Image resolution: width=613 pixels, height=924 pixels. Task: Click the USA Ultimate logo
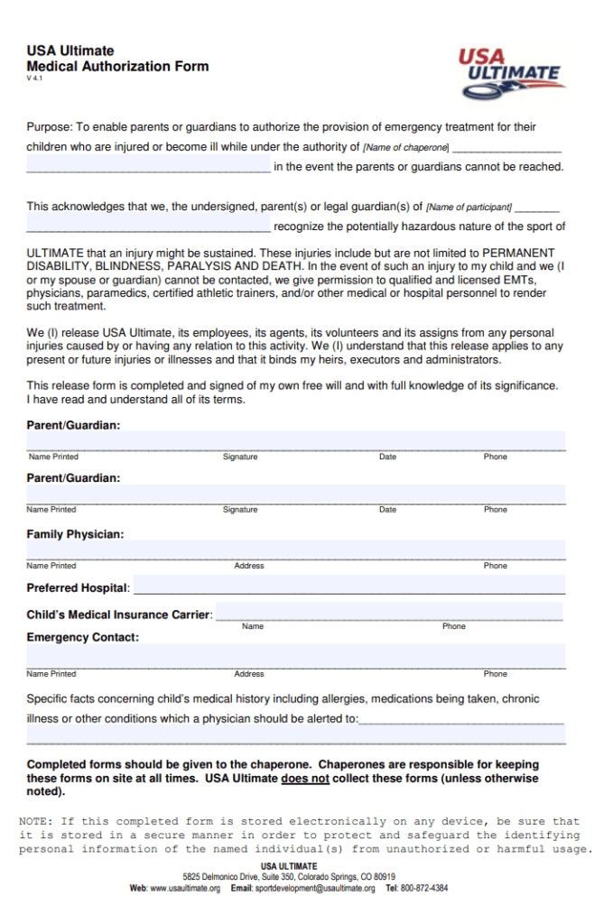click(511, 73)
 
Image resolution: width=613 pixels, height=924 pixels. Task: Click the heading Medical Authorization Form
click(117, 66)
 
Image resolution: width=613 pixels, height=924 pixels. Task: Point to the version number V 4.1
click(34, 79)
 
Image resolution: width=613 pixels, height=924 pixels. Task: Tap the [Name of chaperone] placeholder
click(405, 147)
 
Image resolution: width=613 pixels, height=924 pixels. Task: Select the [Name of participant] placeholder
click(469, 208)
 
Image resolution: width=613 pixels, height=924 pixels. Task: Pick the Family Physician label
click(75, 534)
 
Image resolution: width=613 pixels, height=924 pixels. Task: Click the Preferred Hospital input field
click(348, 587)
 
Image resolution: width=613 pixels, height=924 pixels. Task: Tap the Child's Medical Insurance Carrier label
click(119, 614)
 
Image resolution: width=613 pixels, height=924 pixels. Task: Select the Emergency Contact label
click(82, 637)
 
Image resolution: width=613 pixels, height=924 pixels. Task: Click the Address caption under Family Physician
click(249, 566)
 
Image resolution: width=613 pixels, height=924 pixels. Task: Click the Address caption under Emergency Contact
click(249, 674)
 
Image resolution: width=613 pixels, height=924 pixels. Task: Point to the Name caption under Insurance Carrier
click(253, 626)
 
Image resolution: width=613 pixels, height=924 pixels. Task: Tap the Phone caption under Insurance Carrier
click(454, 626)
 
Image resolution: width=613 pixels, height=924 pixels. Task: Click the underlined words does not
click(305, 778)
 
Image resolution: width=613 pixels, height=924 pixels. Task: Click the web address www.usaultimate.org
click(185, 888)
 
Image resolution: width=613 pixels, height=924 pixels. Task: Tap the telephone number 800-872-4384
click(423, 888)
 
